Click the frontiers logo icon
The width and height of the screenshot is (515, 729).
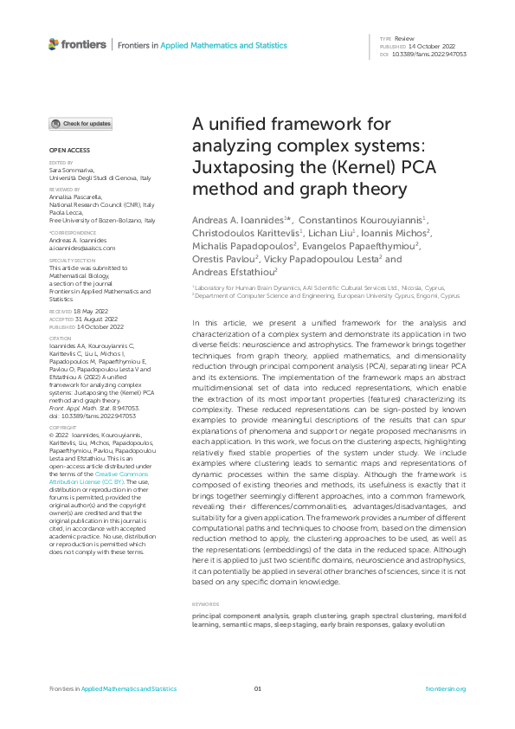pyautogui.click(x=54, y=43)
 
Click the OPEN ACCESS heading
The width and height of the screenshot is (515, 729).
pyautogui.click(x=65, y=150)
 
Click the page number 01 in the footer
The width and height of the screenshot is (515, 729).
pyautogui.click(x=257, y=689)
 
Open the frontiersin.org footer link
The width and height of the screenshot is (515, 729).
pyautogui.click(x=446, y=689)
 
